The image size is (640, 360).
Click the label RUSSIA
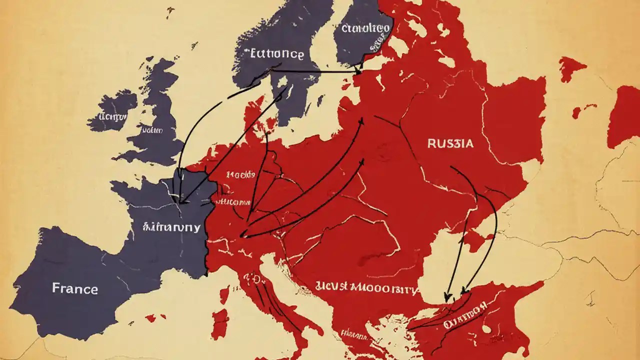point(450,143)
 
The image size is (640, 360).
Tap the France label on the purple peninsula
point(75,288)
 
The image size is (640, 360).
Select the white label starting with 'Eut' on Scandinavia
point(274,54)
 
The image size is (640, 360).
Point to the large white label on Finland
point(365,28)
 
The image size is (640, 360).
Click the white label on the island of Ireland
point(113,116)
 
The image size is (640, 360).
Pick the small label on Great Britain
point(153,130)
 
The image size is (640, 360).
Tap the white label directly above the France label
point(171,227)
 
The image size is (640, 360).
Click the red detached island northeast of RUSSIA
point(571,67)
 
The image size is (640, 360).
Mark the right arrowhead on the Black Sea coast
point(463,291)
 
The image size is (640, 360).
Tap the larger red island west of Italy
point(219,322)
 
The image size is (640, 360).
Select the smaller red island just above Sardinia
point(224,295)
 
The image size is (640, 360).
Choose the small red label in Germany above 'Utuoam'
point(240,175)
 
